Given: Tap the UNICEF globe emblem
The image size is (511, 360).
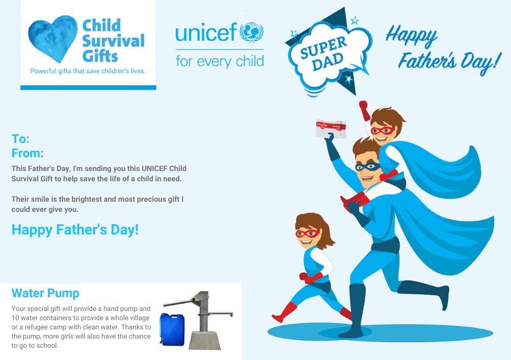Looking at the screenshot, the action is click(x=251, y=32).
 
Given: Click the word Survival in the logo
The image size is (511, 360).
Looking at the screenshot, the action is click(x=113, y=41).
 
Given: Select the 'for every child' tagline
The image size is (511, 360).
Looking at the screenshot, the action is click(x=220, y=61).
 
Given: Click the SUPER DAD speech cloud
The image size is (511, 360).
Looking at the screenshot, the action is click(x=329, y=54).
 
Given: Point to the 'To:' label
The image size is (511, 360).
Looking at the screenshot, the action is click(x=20, y=139).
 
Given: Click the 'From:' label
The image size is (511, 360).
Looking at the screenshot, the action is click(x=28, y=153).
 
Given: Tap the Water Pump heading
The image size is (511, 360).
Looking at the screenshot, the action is click(x=45, y=293).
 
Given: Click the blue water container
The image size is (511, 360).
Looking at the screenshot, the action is click(x=172, y=329).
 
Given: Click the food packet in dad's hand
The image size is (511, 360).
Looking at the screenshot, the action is click(x=331, y=129).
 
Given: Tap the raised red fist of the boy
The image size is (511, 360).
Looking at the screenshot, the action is click(x=363, y=105).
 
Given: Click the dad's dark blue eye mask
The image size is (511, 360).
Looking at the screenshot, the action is click(x=367, y=167).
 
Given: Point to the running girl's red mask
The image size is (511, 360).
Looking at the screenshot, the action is click(x=307, y=233).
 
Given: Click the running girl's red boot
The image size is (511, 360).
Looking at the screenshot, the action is click(x=285, y=312).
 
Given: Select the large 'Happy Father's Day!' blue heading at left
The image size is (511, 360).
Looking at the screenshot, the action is click(x=75, y=230).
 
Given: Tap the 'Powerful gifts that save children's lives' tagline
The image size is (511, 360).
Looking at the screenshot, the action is click(x=88, y=71).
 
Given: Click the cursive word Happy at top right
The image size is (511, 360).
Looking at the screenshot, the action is click(x=411, y=36).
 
